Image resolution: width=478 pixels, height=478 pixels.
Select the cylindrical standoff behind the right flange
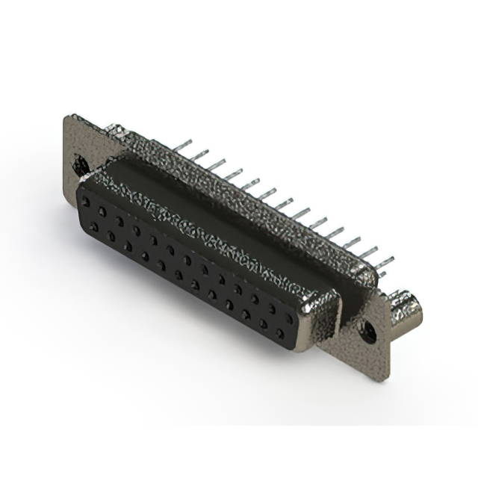pyautogui.click(x=409, y=306)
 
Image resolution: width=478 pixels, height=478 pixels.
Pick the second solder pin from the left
pyautogui.click(x=199, y=153)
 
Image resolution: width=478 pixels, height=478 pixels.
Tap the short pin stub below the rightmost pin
pyautogui.click(x=383, y=275)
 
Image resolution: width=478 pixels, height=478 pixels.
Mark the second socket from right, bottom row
pyautogui.click(x=263, y=324)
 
